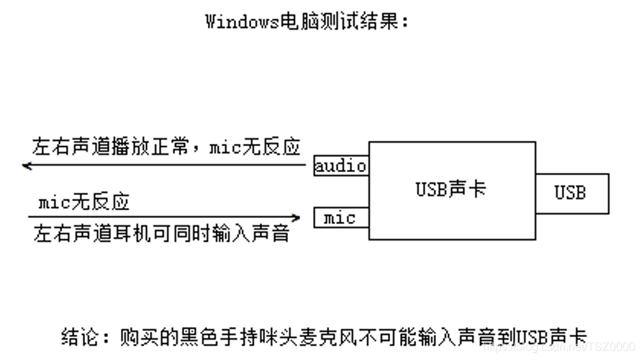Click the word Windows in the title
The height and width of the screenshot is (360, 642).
pos(241,22)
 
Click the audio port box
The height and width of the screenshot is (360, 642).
pos(341,166)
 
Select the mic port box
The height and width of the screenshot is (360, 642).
pos(341,217)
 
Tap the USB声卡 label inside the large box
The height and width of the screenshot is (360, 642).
pos(451,189)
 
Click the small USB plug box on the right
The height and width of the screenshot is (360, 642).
pos(571,193)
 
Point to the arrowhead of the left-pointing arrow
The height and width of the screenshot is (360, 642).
pos(26,166)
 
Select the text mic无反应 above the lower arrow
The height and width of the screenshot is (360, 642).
pos(84,202)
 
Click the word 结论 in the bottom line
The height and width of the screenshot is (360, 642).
pos(77,336)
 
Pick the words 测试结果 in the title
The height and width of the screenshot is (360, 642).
pos(360,22)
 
